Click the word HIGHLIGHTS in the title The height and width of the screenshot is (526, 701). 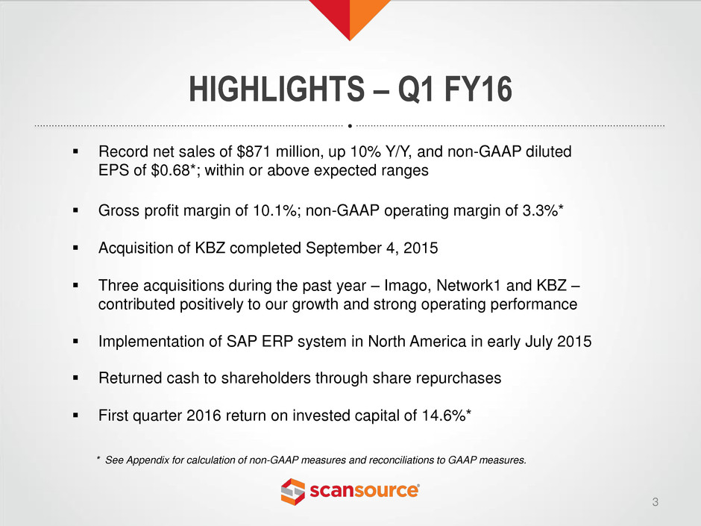coord(277,89)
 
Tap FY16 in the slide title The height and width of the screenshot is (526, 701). coord(478,89)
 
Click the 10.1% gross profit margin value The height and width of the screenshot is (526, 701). coord(276,210)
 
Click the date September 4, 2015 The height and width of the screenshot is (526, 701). coord(371,248)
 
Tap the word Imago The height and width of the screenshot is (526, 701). coord(408,285)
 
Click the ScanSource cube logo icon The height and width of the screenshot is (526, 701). coord(293,492)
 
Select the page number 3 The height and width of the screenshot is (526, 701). coord(656,502)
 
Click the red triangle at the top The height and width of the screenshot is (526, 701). coord(336,13)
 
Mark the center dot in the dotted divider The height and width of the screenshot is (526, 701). coord(350,126)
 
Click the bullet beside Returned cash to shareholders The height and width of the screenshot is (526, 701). coord(75,378)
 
